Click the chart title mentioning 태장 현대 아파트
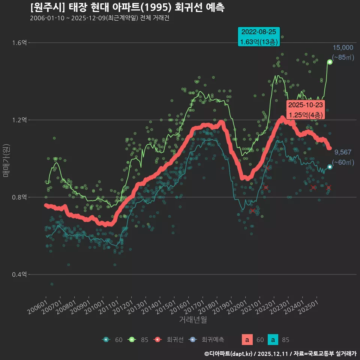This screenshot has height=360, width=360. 127,7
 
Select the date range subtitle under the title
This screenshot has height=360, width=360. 100,18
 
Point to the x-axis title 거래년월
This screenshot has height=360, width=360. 193,320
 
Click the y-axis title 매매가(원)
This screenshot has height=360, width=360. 6,160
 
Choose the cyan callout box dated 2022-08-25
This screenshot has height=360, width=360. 259,37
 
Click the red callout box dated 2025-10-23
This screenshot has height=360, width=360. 305,110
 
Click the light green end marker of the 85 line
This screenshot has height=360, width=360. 330,62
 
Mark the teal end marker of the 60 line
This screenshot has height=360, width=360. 330,167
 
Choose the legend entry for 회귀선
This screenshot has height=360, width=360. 170,340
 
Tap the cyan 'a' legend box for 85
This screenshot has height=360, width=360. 273,340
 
